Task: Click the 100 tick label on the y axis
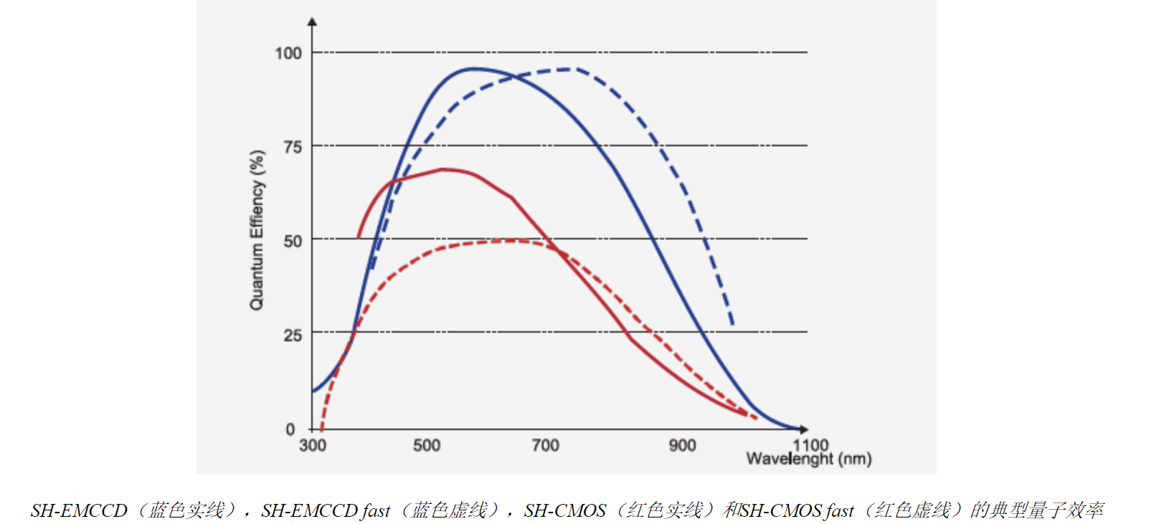pyautogui.click(x=288, y=53)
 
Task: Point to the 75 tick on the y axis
pyautogui.click(x=293, y=147)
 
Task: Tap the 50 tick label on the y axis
pyautogui.click(x=293, y=241)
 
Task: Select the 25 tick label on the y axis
pyautogui.click(x=293, y=335)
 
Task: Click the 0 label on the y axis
pyautogui.click(x=290, y=429)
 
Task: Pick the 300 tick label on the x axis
pyautogui.click(x=313, y=445)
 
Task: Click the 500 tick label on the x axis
pyautogui.click(x=427, y=445)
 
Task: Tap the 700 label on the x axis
pyautogui.click(x=545, y=445)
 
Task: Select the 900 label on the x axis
pyautogui.click(x=682, y=445)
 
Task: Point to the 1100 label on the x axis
pyautogui.click(x=810, y=444)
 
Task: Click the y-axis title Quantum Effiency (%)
pyautogui.click(x=257, y=230)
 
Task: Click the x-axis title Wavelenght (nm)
pyautogui.click(x=809, y=459)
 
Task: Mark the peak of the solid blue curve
pyautogui.click(x=474, y=69)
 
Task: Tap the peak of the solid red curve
pyautogui.click(x=443, y=169)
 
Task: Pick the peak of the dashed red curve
pyautogui.click(x=513, y=240)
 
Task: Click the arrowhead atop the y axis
pyautogui.click(x=312, y=22)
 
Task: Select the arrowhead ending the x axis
pyautogui.click(x=804, y=429)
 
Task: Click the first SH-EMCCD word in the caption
pyautogui.click(x=79, y=510)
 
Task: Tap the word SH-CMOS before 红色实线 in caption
pyautogui.click(x=565, y=510)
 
